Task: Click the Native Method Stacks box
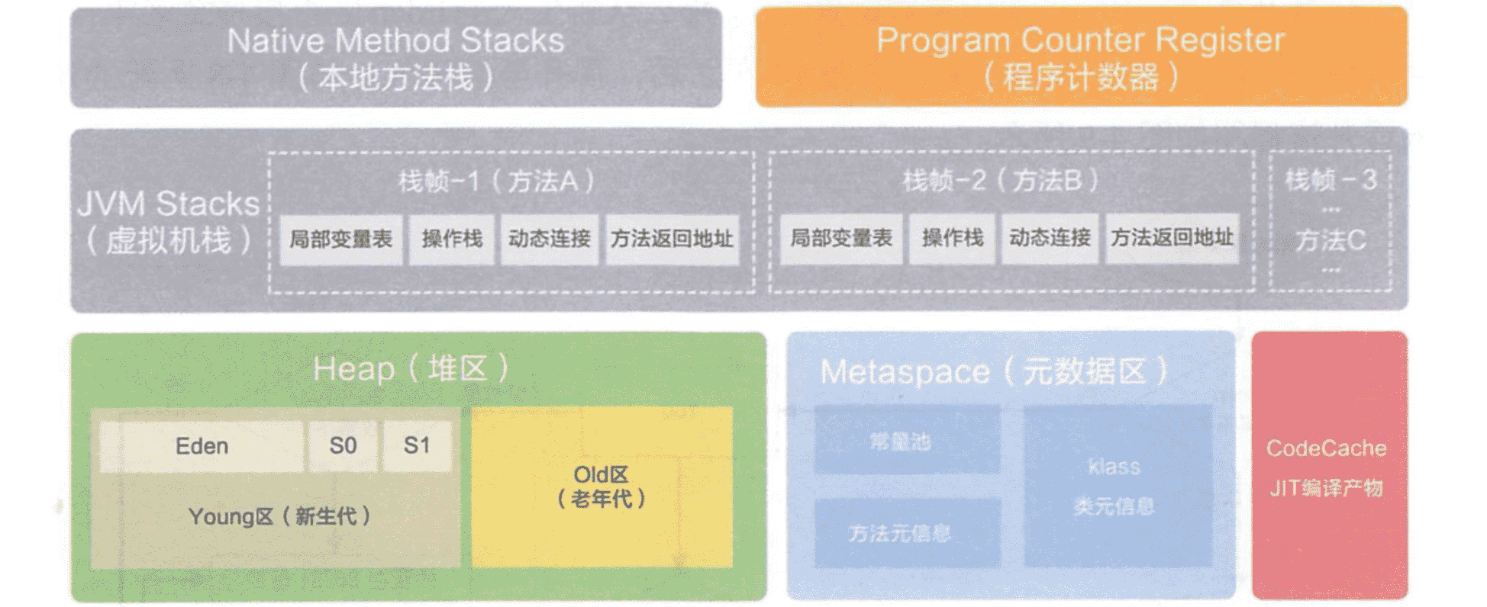(x=395, y=58)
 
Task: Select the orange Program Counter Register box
(x=1081, y=58)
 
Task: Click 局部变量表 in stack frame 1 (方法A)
(x=340, y=239)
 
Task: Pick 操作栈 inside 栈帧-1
(x=452, y=239)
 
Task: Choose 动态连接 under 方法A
(x=550, y=239)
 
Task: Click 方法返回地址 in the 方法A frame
(x=672, y=239)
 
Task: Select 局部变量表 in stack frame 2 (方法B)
(x=840, y=239)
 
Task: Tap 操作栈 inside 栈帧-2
(x=952, y=239)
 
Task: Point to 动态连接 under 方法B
(x=1050, y=239)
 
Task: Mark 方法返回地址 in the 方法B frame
(x=1172, y=239)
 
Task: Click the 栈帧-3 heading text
(x=1331, y=180)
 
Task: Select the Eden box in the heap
(x=202, y=446)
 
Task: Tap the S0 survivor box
(x=343, y=446)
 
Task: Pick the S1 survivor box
(x=417, y=446)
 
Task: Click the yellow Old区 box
(x=602, y=487)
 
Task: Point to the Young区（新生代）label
(x=279, y=517)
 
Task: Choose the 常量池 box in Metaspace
(x=907, y=440)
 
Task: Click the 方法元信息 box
(x=907, y=533)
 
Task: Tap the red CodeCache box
(x=1329, y=465)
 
